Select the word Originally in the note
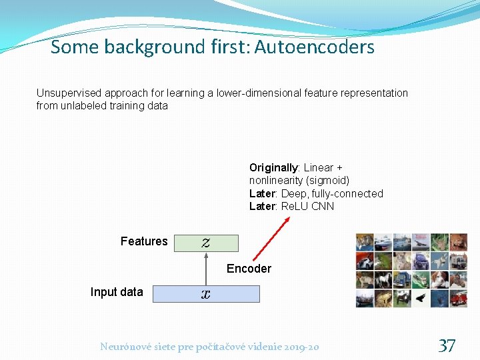[x=273, y=167]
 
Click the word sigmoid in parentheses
[x=325, y=181]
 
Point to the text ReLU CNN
[x=307, y=207]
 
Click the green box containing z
[x=206, y=243]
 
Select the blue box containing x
[x=206, y=294]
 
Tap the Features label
[x=144, y=241]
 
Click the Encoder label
[x=249, y=269]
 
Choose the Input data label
[x=117, y=292]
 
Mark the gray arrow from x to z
[x=206, y=268]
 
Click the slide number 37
[x=447, y=345]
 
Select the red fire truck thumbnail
[x=458, y=298]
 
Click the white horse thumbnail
[x=383, y=279]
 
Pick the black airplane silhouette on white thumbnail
[x=421, y=298]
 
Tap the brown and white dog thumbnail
[x=439, y=279]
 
